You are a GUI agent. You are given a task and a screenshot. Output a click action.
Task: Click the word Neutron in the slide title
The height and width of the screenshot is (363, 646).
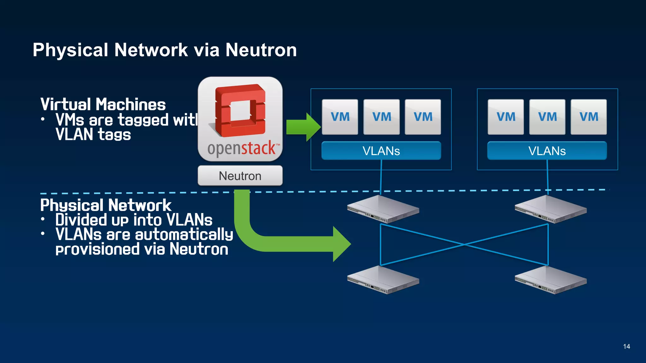point(261,50)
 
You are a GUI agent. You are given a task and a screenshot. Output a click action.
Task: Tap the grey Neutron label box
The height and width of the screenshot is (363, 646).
point(240,176)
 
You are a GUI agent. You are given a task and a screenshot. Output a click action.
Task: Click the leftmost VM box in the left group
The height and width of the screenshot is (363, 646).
point(340,117)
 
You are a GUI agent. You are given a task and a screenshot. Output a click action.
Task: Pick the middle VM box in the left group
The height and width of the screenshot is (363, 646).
point(381,117)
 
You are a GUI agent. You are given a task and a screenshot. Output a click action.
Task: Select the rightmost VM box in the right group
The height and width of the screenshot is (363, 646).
point(589,117)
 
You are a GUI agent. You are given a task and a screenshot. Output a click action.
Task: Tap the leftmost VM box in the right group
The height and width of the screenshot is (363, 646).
point(506,117)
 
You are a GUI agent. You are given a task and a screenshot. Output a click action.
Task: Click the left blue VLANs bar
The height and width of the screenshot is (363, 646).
point(381,151)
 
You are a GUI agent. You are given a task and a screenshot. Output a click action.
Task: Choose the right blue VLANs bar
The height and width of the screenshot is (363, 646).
point(547,151)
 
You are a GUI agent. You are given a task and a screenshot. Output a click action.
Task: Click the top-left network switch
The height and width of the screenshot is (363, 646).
point(383,209)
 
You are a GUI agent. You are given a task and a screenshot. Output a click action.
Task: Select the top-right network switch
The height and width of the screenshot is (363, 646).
point(550,209)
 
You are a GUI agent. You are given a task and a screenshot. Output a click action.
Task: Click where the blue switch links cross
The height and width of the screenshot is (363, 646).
point(464,244)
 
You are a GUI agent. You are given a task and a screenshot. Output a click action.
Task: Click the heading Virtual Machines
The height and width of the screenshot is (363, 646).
point(103,105)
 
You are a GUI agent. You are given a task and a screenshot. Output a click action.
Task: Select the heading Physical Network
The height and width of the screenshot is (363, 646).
point(106,205)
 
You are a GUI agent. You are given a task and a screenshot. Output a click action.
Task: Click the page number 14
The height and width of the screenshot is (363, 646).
point(626,347)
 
